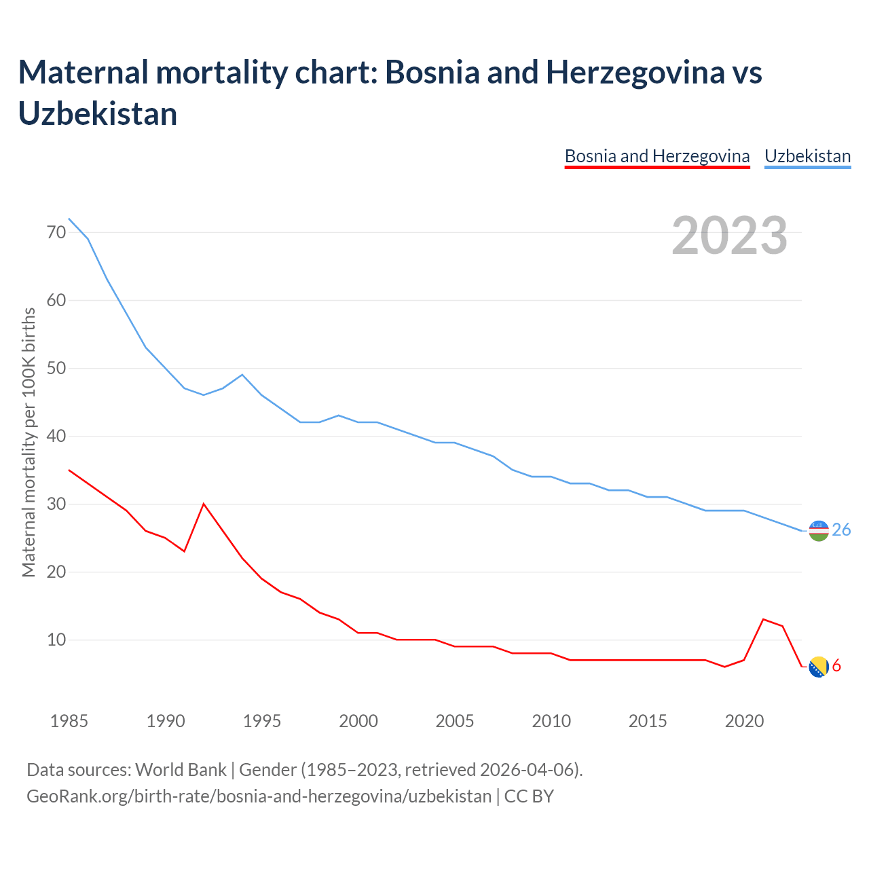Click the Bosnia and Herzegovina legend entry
657,156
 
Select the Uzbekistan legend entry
807,156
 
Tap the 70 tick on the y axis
56,232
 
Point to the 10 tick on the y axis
56,640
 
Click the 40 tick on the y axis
56,436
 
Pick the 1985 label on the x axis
69,721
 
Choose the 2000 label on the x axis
358,721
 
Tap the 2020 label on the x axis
744,721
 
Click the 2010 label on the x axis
551,721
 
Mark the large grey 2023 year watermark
729,236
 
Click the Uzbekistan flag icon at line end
819,531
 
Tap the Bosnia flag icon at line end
819,667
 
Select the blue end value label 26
841,530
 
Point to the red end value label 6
836,666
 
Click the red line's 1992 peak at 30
204,504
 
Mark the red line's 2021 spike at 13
764,619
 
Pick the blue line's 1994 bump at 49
242,375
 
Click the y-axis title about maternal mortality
29,443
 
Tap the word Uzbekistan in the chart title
98,113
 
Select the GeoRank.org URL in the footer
259,796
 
